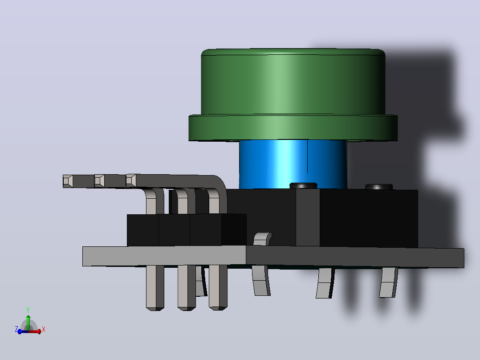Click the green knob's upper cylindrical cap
tap(293, 82)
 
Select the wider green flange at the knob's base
tap(293, 128)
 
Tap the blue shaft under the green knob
tap(293, 164)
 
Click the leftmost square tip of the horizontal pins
tap(68, 181)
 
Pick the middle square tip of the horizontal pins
tap(99, 181)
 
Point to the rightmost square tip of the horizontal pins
tap(131, 180)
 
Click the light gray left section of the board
tap(164, 256)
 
